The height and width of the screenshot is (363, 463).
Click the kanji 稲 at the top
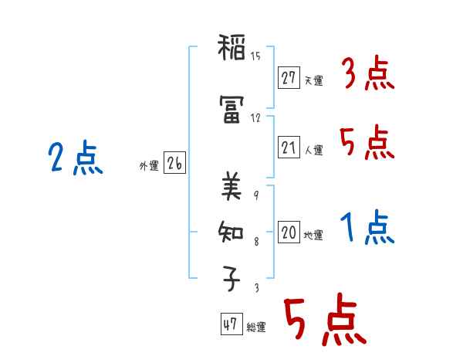tap(232, 53)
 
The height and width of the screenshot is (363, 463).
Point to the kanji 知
tap(232, 231)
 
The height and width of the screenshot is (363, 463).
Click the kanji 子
tap(232, 279)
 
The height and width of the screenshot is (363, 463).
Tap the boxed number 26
tap(174, 164)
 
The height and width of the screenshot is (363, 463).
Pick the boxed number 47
tap(230, 324)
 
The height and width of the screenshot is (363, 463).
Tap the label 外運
tap(149, 166)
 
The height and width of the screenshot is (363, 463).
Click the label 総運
tap(256, 327)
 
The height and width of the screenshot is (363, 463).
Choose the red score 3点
tap(367, 76)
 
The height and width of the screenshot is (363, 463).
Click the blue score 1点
tap(367, 229)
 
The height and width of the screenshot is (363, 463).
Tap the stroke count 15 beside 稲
tap(255, 56)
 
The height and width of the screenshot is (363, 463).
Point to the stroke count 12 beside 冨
tap(255, 118)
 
